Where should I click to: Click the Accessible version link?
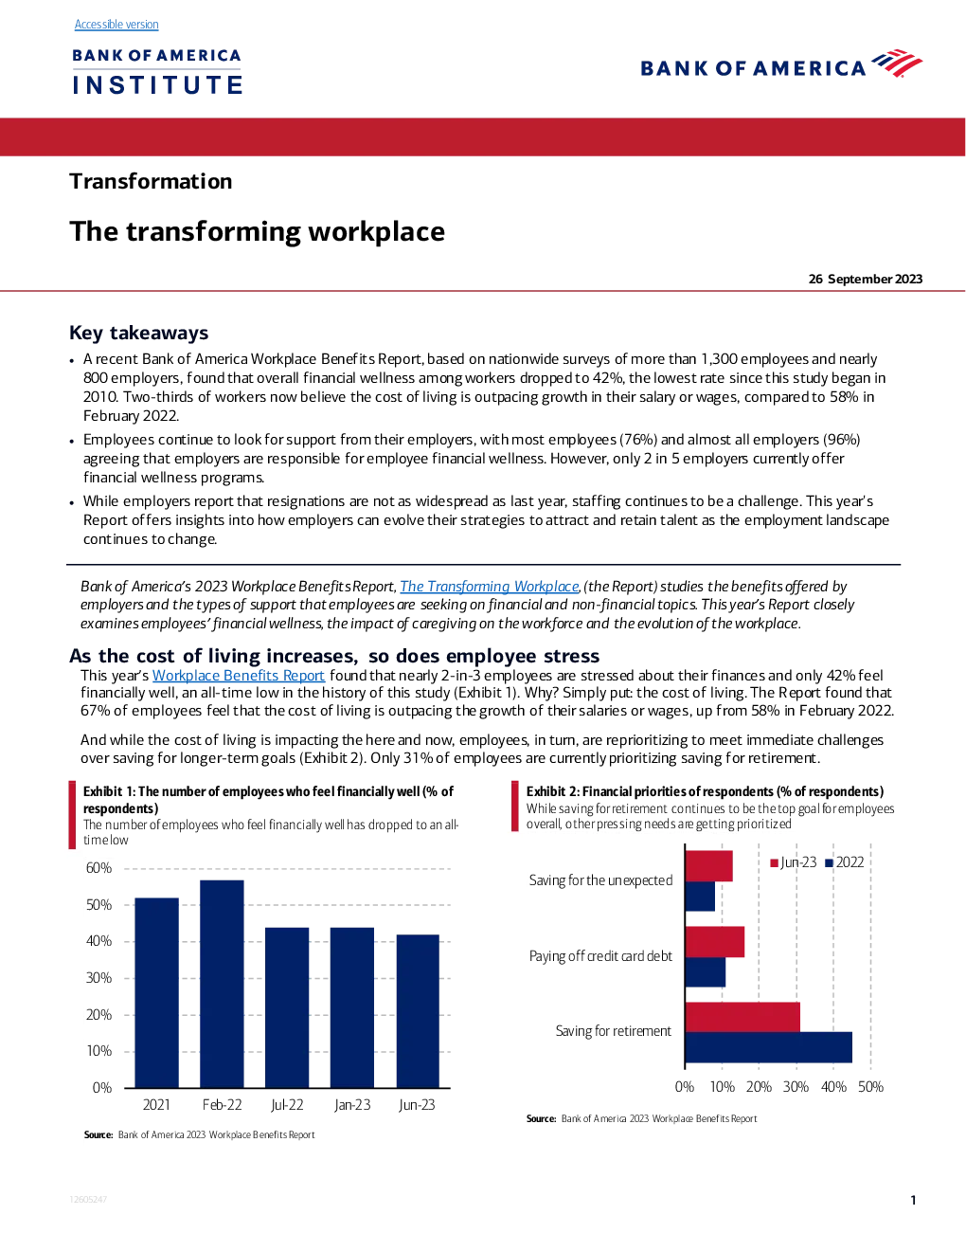116,25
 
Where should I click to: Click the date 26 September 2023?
865,279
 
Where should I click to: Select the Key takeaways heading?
138,333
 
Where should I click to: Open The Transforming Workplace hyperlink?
489,586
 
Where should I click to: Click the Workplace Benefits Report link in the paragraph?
239,676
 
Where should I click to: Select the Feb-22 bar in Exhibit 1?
222,984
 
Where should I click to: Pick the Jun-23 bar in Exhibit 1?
418,1011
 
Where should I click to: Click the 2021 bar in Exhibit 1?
156,992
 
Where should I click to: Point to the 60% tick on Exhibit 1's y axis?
98,867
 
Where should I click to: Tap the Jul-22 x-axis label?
287,1105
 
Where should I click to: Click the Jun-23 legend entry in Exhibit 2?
793,862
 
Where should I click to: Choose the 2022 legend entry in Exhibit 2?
844,862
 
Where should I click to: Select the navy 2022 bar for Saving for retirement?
769,1047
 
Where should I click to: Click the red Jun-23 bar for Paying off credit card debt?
715,942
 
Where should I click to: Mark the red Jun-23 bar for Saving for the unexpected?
708,866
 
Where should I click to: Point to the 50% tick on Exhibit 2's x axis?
870,1086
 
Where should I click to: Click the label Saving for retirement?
614,1030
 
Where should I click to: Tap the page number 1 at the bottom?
913,1201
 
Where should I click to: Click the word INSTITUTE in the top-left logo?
157,84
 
